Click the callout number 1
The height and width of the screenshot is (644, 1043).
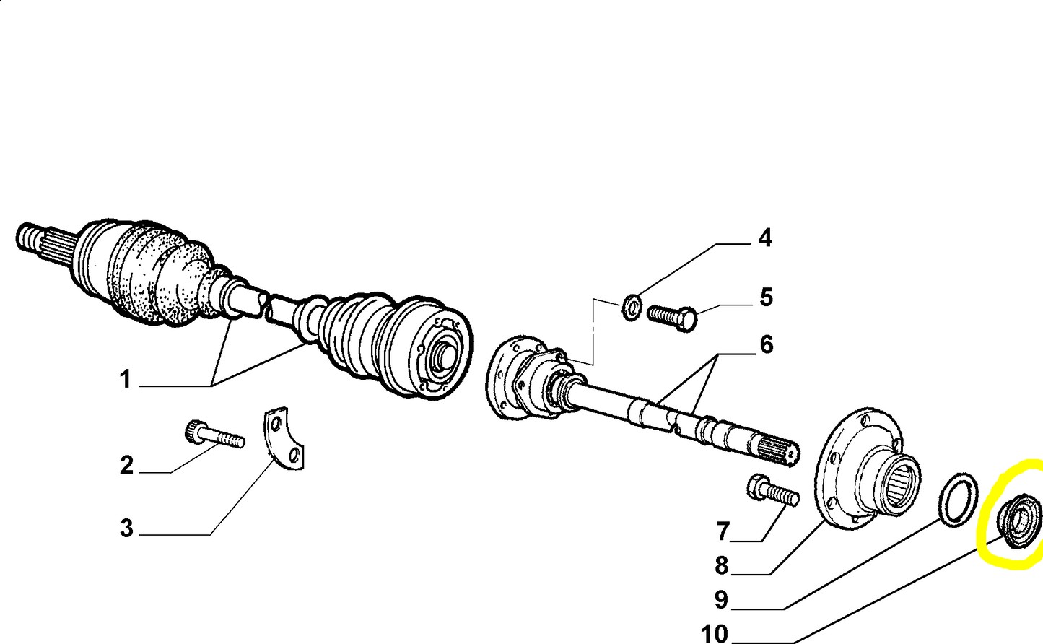126,379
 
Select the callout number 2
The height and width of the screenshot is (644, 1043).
126,465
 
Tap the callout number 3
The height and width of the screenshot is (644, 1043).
126,528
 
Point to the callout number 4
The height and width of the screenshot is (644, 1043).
765,238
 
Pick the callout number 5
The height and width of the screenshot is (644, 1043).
766,297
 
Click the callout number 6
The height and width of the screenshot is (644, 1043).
767,344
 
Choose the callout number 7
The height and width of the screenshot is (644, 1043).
723,532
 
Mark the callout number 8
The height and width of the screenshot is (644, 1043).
721,566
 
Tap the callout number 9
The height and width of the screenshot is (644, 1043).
721,599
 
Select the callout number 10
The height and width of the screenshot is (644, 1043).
715,634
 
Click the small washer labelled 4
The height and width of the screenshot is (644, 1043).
632,308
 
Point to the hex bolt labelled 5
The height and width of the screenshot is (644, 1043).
673,318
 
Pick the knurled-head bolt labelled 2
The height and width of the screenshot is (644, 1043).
214,434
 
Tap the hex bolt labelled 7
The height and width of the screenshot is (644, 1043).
773,490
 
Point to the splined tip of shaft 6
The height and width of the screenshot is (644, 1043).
782,451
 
